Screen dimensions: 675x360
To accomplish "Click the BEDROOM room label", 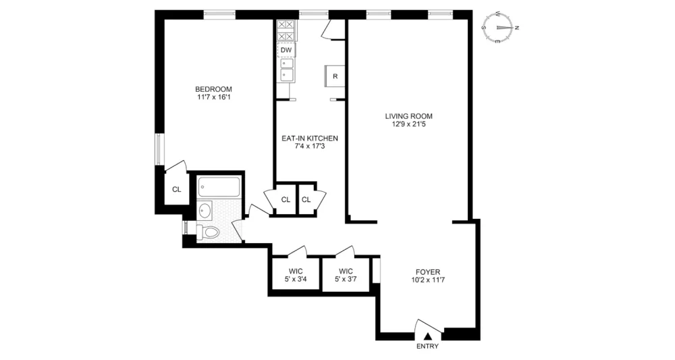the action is click(213, 89).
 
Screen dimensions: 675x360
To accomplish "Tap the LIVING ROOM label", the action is click(408, 116).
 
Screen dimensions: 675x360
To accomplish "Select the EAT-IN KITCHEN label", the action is click(310, 138).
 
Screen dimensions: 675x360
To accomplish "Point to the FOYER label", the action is click(428, 272).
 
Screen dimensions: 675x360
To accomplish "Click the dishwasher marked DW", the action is click(286, 50).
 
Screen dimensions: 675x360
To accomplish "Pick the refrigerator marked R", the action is click(335, 76).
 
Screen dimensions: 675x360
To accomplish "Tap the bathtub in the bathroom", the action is click(219, 186).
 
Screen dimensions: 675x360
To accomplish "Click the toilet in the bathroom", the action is click(208, 232).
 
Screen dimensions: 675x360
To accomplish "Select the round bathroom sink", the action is click(205, 211).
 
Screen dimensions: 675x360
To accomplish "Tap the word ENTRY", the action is click(427, 346).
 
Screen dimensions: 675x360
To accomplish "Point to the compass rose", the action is click(500, 28).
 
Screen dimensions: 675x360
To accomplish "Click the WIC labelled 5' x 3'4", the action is click(296, 275).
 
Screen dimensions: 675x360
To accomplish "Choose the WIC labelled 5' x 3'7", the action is click(346, 275).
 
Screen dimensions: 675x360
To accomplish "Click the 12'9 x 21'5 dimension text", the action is click(408, 125).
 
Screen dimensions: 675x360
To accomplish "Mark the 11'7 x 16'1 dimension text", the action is click(213, 97).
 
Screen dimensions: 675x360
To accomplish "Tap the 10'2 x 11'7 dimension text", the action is click(428, 280).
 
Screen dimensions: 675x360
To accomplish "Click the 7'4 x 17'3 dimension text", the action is click(310, 147).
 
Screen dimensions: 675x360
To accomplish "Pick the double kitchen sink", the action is click(286, 70).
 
